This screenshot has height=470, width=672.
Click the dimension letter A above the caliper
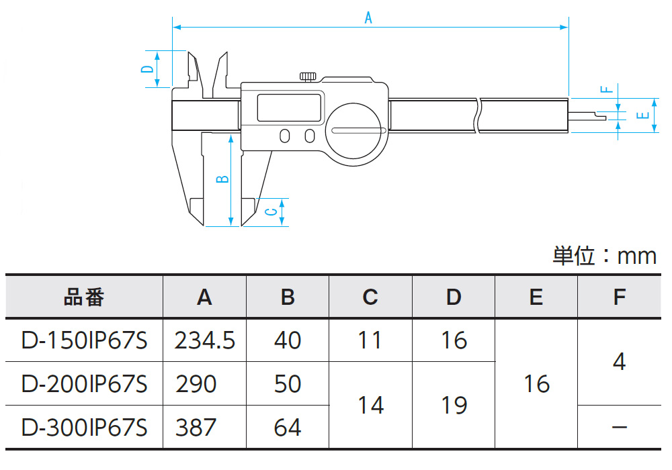tap(368, 18)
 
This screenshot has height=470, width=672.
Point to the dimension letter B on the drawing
tap(224, 179)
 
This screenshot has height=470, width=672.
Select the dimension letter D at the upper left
tap(146, 68)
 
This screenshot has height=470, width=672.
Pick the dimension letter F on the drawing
tap(604, 89)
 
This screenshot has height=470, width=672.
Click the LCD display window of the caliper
tap(290, 108)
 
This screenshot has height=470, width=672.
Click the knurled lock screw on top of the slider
tap(309, 75)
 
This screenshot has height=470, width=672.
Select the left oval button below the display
tap(285, 136)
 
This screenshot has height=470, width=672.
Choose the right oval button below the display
tap(309, 136)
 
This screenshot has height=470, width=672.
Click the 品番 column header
tap(84, 297)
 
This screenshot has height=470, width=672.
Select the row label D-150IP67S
tap(84, 340)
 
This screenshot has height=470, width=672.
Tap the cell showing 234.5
tap(204, 340)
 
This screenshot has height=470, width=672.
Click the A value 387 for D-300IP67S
tap(196, 427)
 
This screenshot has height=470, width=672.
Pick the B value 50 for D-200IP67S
tap(288, 384)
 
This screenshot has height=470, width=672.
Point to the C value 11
tap(370, 340)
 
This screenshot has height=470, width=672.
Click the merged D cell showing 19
tap(454, 406)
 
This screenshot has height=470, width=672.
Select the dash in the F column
tap(620, 427)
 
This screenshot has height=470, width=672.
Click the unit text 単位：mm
tap(604, 255)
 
